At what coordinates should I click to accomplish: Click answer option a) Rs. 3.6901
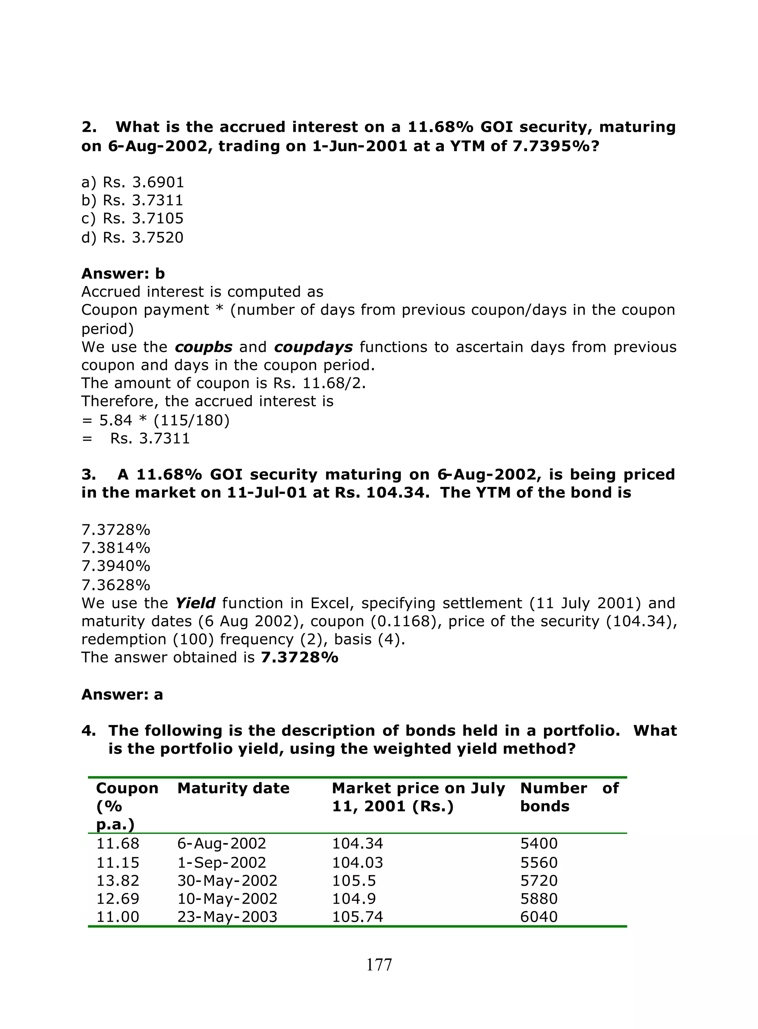pos(133,182)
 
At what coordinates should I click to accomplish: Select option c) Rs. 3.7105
pos(132,218)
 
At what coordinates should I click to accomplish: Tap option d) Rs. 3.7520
pos(132,237)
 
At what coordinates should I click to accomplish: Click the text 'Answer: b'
pos(123,274)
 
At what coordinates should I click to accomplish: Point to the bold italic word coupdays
pos(313,347)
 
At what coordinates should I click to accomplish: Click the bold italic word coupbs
pos(204,347)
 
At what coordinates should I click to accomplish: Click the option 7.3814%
pos(115,548)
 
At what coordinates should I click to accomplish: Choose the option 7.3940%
pos(115,566)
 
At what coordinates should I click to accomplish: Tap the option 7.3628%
pos(115,585)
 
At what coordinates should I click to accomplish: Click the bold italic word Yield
pos(195,603)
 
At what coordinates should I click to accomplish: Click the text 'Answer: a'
pos(122,694)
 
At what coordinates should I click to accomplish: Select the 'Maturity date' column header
pos(233,788)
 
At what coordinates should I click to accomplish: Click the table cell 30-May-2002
pos(227,881)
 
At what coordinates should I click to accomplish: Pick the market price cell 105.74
pos(358,917)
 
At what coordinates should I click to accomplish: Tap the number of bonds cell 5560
pos(539,863)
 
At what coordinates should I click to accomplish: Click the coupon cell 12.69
pos(117,899)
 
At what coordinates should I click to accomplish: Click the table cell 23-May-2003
pos(227,917)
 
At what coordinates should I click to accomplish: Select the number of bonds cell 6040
pos(539,917)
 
